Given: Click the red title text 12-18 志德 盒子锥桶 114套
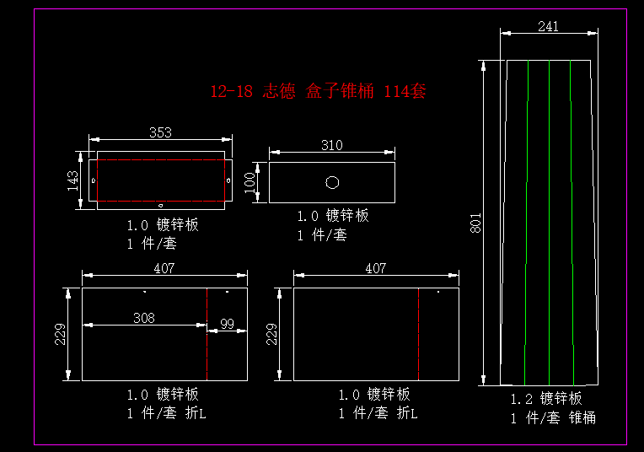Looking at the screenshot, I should (318, 91).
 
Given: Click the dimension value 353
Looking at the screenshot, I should (160, 132).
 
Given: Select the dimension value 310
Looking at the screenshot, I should (332, 145).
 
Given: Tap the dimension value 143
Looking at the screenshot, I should (73, 180).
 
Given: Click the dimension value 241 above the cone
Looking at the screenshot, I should (548, 26).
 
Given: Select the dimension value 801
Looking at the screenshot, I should (475, 223).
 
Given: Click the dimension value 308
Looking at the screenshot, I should (144, 318).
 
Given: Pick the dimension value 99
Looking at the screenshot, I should (227, 324).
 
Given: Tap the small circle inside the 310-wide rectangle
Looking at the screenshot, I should (332, 181).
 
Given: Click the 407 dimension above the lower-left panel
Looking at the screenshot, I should (164, 268).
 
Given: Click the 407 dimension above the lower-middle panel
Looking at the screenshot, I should (375, 268).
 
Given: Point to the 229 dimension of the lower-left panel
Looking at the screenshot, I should (60, 335).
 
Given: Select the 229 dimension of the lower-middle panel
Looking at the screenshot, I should (271, 335).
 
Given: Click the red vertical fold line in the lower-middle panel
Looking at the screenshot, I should (419, 335).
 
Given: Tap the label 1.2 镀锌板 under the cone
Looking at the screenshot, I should (546, 398).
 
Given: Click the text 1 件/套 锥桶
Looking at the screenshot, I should (552, 417).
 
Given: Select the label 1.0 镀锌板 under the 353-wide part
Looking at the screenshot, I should (163, 225).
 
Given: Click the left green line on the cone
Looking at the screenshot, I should (526, 219).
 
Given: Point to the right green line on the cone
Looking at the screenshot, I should (572, 219).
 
